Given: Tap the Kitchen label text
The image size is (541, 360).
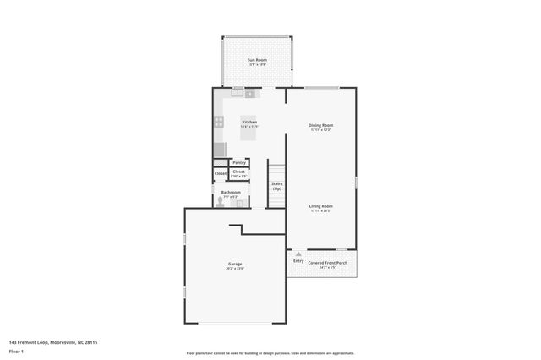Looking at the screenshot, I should pos(249,123).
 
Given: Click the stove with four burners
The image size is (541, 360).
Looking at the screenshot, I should pos(219,123).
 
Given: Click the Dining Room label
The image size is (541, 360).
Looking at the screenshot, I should pos(320,126).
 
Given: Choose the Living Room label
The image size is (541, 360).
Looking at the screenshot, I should pos(320,207).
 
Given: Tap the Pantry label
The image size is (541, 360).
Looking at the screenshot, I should pos(239,162).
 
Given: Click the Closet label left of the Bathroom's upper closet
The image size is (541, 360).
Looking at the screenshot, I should pos(220,173).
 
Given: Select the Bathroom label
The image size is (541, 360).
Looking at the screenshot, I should pos(231,193).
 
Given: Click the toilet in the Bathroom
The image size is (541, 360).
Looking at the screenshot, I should pos(218,202).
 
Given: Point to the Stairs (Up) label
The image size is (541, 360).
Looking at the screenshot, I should pos(276,186).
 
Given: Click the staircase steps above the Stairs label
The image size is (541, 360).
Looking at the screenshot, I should pos(276,168).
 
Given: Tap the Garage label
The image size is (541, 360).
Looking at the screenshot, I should pos(235,265).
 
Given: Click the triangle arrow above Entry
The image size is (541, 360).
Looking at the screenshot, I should pos(298,254).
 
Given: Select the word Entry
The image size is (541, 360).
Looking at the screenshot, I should pos(298,261).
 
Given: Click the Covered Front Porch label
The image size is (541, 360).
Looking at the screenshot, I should pos(327,263).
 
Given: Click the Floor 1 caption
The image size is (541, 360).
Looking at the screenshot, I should pos(15,351).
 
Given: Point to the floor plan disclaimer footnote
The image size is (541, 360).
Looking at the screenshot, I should pos(270,353).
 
